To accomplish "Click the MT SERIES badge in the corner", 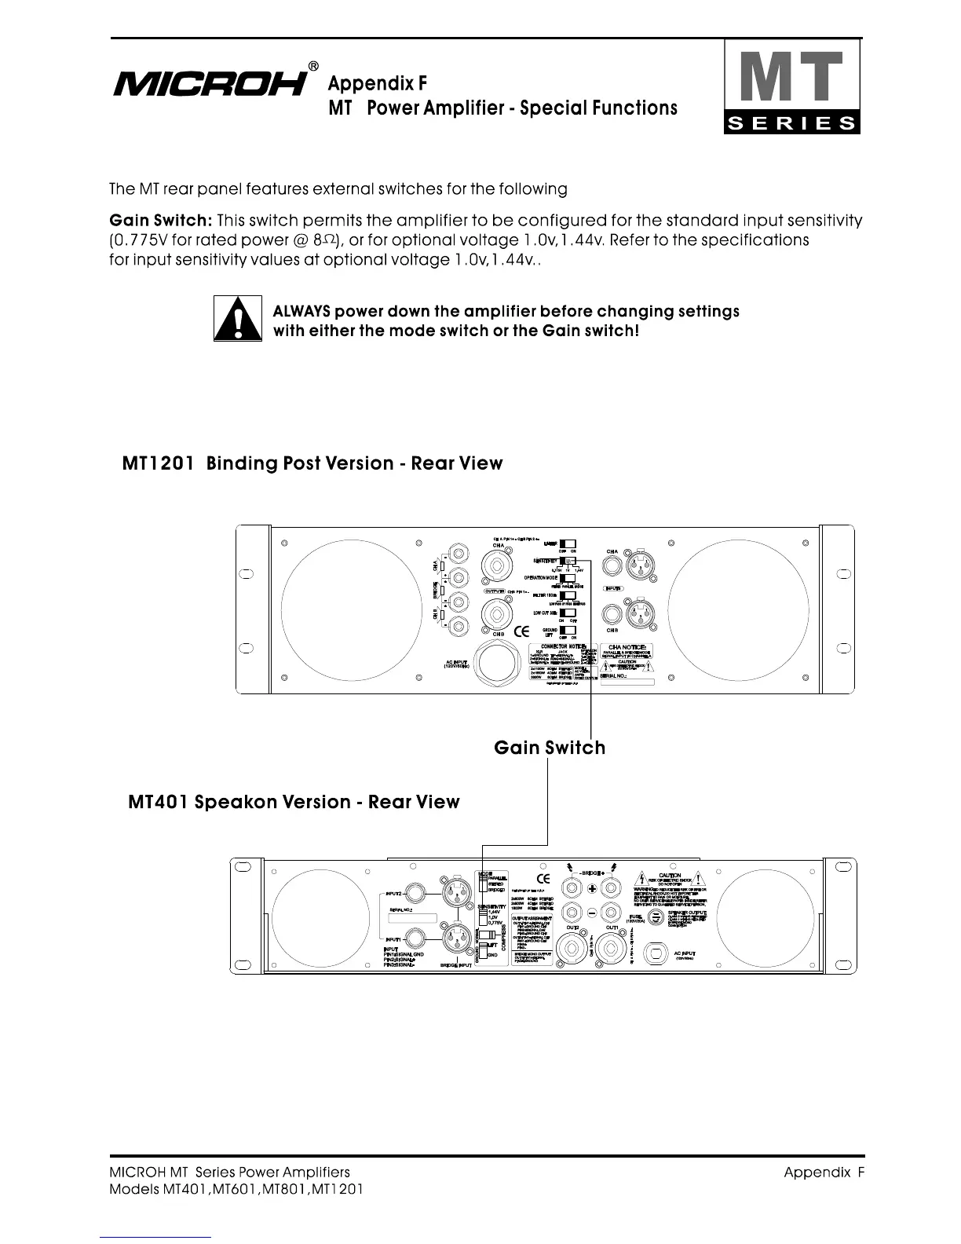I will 791,87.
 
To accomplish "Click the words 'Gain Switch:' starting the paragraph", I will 160,221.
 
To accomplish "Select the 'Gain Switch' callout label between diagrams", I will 550,747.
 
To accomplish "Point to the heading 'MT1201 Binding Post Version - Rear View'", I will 312,463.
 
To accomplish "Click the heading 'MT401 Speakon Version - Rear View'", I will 294,802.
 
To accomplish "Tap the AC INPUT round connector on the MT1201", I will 499,664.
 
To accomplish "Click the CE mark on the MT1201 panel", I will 521,632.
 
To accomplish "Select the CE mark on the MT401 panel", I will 543,878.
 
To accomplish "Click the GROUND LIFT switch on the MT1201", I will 568,631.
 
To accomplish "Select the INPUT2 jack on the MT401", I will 413,895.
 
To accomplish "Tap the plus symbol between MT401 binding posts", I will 593,888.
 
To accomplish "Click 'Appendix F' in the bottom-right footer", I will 824,1173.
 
